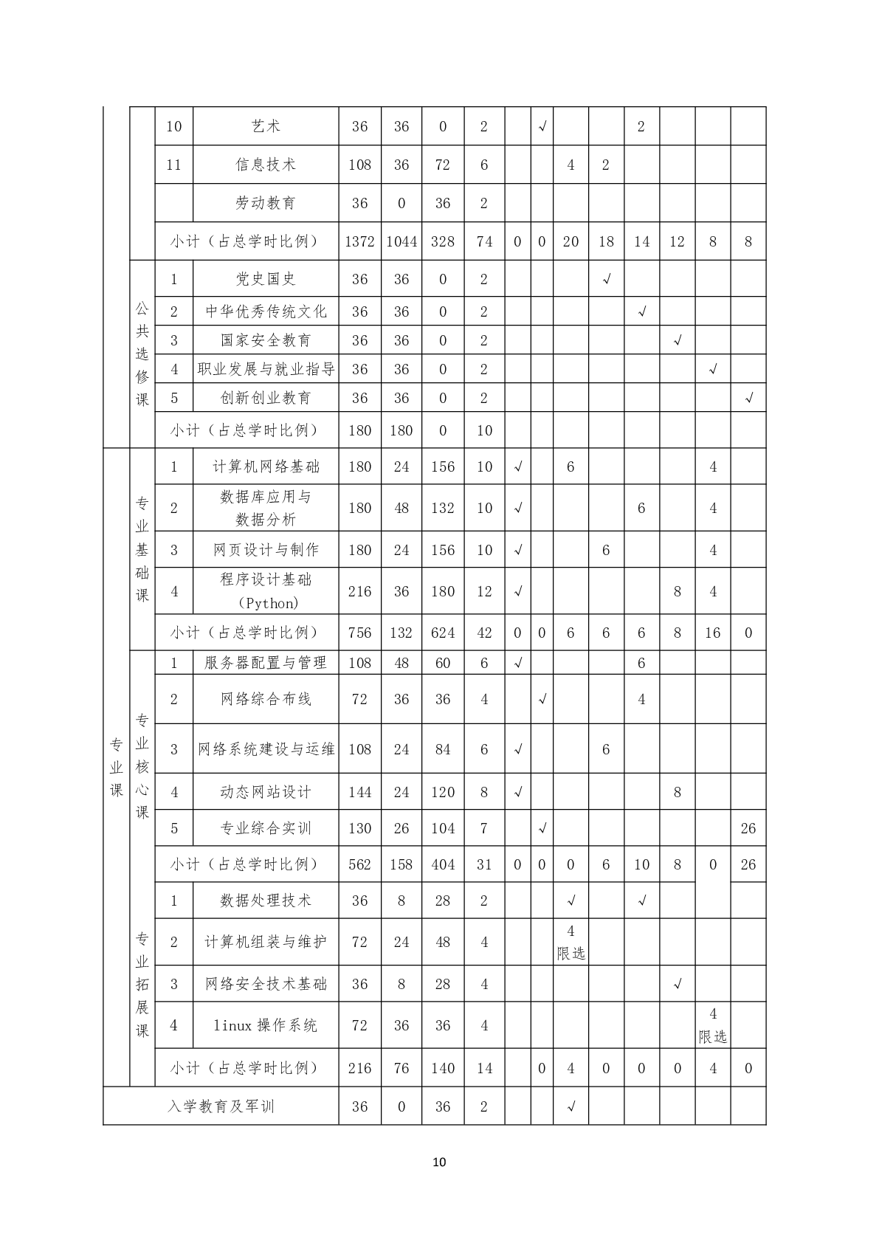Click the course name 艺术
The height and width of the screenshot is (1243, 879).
(x=265, y=126)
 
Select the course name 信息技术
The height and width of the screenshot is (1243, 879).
(x=265, y=165)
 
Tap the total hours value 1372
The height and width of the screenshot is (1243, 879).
(x=359, y=241)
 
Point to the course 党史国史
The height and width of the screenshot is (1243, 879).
(x=265, y=279)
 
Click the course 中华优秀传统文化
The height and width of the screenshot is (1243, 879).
(x=265, y=311)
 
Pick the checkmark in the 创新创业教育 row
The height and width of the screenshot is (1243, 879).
(x=748, y=398)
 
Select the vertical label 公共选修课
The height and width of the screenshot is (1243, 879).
(x=142, y=354)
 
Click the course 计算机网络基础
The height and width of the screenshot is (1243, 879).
(x=265, y=466)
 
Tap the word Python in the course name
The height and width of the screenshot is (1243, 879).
(x=269, y=603)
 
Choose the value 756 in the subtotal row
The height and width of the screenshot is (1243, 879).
(x=359, y=633)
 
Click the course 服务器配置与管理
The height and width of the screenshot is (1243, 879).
(x=265, y=663)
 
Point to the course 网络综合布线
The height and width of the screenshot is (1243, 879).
(x=265, y=699)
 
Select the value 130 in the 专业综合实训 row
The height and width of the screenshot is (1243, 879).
(x=359, y=828)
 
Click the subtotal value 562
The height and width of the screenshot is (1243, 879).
(x=359, y=864)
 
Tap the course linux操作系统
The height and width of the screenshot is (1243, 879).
(x=265, y=1025)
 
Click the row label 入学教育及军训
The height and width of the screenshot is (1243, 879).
(x=221, y=1106)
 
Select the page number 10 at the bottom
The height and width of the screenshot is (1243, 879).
(x=439, y=1163)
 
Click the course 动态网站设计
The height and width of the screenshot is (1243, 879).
(x=265, y=792)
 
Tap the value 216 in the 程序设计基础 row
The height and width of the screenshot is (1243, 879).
(x=359, y=591)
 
